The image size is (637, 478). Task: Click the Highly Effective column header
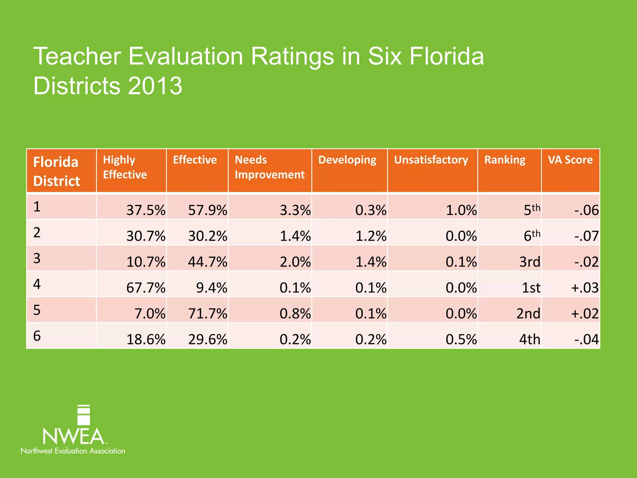125,167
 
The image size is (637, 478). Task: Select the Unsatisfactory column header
431,160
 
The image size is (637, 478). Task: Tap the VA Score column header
570,160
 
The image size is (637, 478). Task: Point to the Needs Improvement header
269,167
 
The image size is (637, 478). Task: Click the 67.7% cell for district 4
146,288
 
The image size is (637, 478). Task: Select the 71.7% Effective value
207,313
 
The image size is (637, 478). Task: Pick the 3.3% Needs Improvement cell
295,210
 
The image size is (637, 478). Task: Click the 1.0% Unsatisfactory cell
461,210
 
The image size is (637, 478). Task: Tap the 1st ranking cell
531,288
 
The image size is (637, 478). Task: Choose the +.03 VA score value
584,288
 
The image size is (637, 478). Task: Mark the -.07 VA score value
586,236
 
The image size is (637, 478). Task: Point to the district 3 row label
37,258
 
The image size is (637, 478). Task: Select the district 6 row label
37,336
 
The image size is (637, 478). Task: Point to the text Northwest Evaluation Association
73,451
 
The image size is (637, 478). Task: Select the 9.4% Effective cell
211,288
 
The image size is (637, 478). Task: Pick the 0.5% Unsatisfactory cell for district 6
461,339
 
